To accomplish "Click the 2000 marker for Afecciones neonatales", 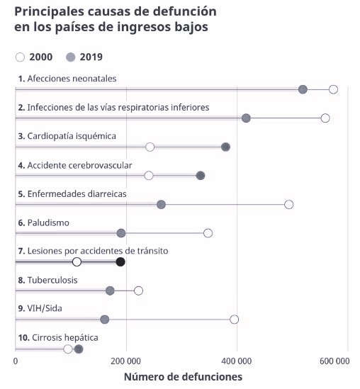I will pyautogui.click(x=333, y=89).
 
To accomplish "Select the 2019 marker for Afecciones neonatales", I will pyautogui.click(x=303, y=89).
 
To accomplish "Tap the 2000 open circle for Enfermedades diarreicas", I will pyautogui.click(x=288, y=204).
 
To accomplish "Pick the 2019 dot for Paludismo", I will pyautogui.click(x=121, y=233).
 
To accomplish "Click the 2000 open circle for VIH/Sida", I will pyautogui.click(x=235, y=320).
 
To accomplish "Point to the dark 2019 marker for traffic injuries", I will pyautogui.click(x=120, y=262).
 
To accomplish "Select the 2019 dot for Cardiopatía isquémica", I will pyautogui.click(x=225, y=147).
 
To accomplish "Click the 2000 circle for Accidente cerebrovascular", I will pyautogui.click(x=149, y=176).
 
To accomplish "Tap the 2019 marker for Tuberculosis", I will pyautogui.click(x=110, y=291).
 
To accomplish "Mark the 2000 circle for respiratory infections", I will pyautogui.click(x=325, y=118).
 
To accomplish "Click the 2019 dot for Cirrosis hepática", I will pyautogui.click(x=79, y=349).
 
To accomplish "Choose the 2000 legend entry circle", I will pyautogui.click(x=20, y=57).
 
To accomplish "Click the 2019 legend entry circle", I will pyautogui.click(x=70, y=57).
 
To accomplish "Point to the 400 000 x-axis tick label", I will pyautogui.click(x=237, y=361).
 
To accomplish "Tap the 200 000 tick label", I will pyautogui.click(x=126, y=361).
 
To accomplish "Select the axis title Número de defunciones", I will pyautogui.click(x=183, y=377).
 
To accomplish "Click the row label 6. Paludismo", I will pyautogui.click(x=43, y=222).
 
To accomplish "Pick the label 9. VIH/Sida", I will pyautogui.click(x=41, y=309).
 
